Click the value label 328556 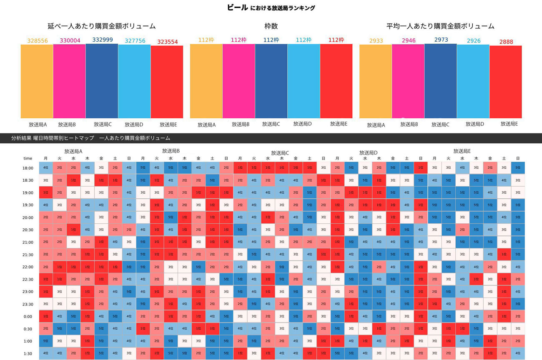coord(38,41)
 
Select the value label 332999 coord(102,40)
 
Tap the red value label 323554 coord(167,42)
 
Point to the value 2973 coord(441,40)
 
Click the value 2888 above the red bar coord(506,42)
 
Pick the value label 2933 coord(376,41)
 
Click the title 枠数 coord(271,26)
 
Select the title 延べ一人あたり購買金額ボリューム coord(102,26)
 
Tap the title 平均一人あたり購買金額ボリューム coord(440,26)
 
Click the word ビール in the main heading coord(237,7)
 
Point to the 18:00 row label coord(28,168)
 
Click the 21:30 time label coord(28,255)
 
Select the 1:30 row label coord(28,354)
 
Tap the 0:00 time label coord(28,317)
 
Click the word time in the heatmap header coord(28,158)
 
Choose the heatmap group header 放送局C coord(280,153)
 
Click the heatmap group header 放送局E coord(462,151)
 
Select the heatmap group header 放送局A coord(73,152)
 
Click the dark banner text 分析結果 coord(21,138)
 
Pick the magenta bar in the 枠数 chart coord(238,81)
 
